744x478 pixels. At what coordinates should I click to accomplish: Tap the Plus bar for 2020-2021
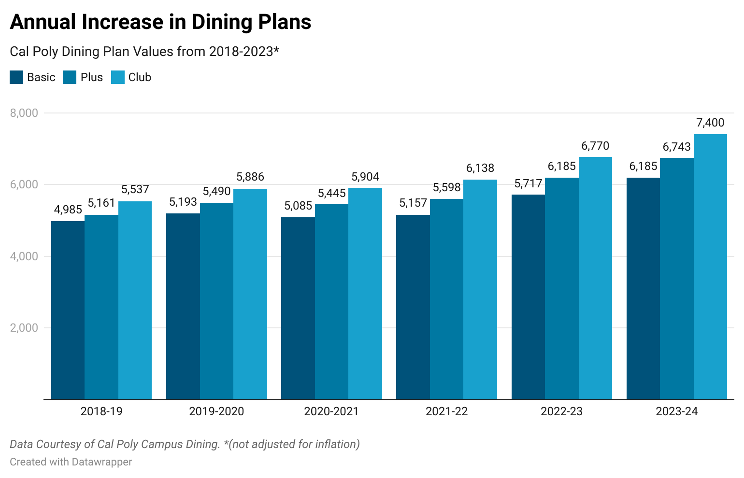point(331,302)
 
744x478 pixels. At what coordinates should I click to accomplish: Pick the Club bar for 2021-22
point(480,290)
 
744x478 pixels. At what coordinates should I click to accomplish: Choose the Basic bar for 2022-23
point(528,297)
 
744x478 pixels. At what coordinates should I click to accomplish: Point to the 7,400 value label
point(710,123)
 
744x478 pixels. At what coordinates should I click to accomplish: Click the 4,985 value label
point(68,210)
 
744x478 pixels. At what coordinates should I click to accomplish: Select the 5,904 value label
point(365,177)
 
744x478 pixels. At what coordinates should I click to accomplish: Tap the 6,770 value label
point(595,146)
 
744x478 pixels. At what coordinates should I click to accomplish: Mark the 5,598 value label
point(446,187)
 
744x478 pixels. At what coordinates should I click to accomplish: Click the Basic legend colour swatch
point(16,77)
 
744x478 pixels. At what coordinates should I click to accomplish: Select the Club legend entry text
point(140,77)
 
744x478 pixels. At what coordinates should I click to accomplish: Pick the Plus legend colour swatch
point(70,77)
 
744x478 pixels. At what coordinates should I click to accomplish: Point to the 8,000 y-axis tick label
point(24,113)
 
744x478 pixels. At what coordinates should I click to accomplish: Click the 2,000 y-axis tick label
point(24,328)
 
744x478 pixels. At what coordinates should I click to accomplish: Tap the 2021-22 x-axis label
point(446,411)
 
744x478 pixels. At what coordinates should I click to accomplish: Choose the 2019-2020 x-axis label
point(216,411)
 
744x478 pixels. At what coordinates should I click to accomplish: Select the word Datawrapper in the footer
point(101,462)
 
